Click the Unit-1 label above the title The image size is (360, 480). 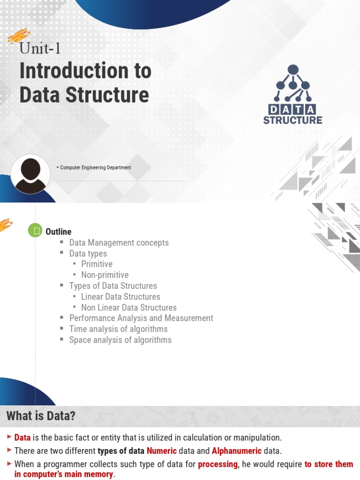coord(40,48)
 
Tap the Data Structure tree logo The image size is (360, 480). coord(292,94)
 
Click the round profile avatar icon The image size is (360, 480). coord(30,173)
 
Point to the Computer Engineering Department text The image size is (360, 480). coord(96,167)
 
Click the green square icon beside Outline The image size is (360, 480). coord(35,231)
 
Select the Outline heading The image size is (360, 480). coord(58,232)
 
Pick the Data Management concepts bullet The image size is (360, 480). coord(119,243)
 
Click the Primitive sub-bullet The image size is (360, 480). coord(97,264)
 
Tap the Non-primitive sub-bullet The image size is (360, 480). coord(105,275)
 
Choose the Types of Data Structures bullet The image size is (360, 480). coord(113,286)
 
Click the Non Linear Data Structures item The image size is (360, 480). coord(129,307)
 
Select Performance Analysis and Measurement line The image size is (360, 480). coord(141,318)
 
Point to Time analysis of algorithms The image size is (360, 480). coord(118,329)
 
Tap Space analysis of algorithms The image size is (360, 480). coord(120,340)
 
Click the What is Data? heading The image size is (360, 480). coord(41,416)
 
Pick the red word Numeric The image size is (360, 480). coord(162,451)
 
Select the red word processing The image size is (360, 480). coord(217,464)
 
